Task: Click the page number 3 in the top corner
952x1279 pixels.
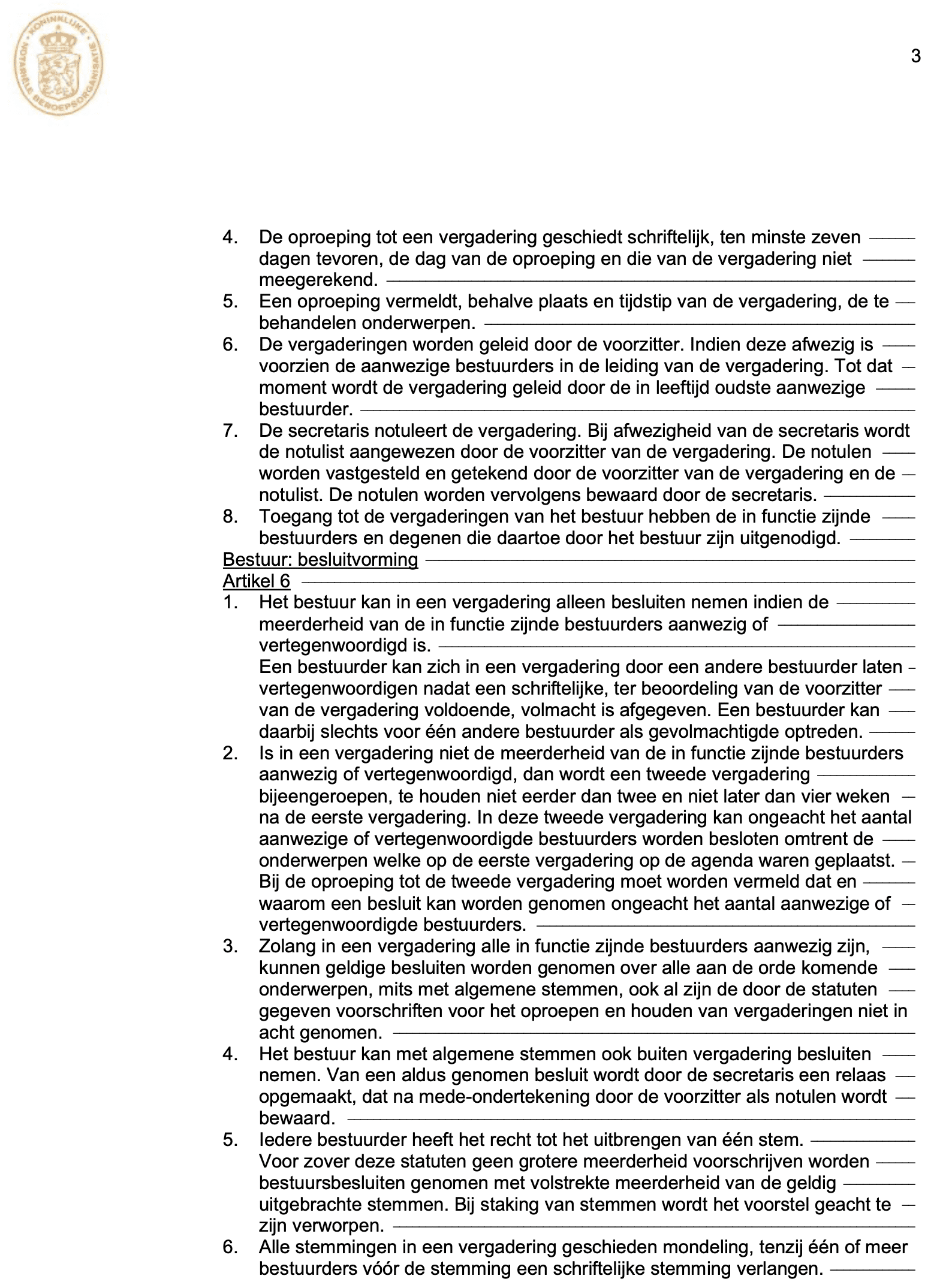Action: point(915,56)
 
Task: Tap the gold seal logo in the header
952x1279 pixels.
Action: point(59,66)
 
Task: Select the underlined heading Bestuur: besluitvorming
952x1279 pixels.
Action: point(320,560)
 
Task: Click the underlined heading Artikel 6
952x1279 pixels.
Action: point(256,581)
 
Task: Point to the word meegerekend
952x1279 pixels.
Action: point(318,280)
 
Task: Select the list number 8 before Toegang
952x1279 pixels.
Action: point(230,517)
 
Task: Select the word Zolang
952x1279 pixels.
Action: point(287,947)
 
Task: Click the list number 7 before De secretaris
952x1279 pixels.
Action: point(230,431)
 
